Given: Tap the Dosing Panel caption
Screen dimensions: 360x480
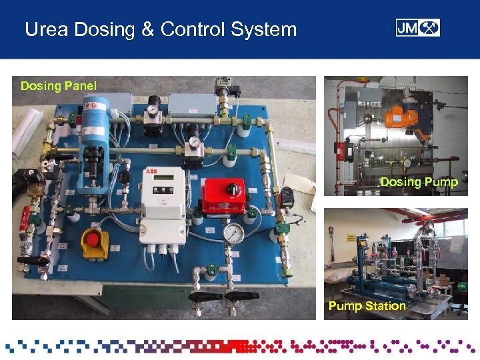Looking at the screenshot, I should [59, 85].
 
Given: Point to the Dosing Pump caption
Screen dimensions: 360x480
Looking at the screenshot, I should [419, 182].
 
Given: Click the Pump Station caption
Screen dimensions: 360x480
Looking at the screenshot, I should [367, 306].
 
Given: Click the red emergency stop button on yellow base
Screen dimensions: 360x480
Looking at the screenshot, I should [94, 241].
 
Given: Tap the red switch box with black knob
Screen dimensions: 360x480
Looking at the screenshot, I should [225, 197].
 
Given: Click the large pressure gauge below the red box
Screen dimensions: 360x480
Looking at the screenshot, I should [233, 233].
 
